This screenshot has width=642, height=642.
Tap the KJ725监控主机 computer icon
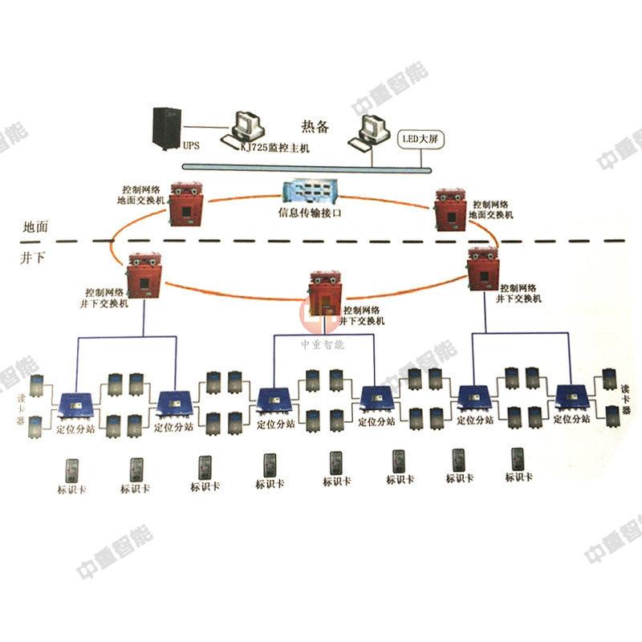245,128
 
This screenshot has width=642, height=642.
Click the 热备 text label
315,126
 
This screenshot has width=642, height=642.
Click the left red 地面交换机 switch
185,204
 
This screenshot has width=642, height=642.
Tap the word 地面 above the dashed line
35,227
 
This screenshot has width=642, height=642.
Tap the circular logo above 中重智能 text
320,314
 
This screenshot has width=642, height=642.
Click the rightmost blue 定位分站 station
574,398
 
